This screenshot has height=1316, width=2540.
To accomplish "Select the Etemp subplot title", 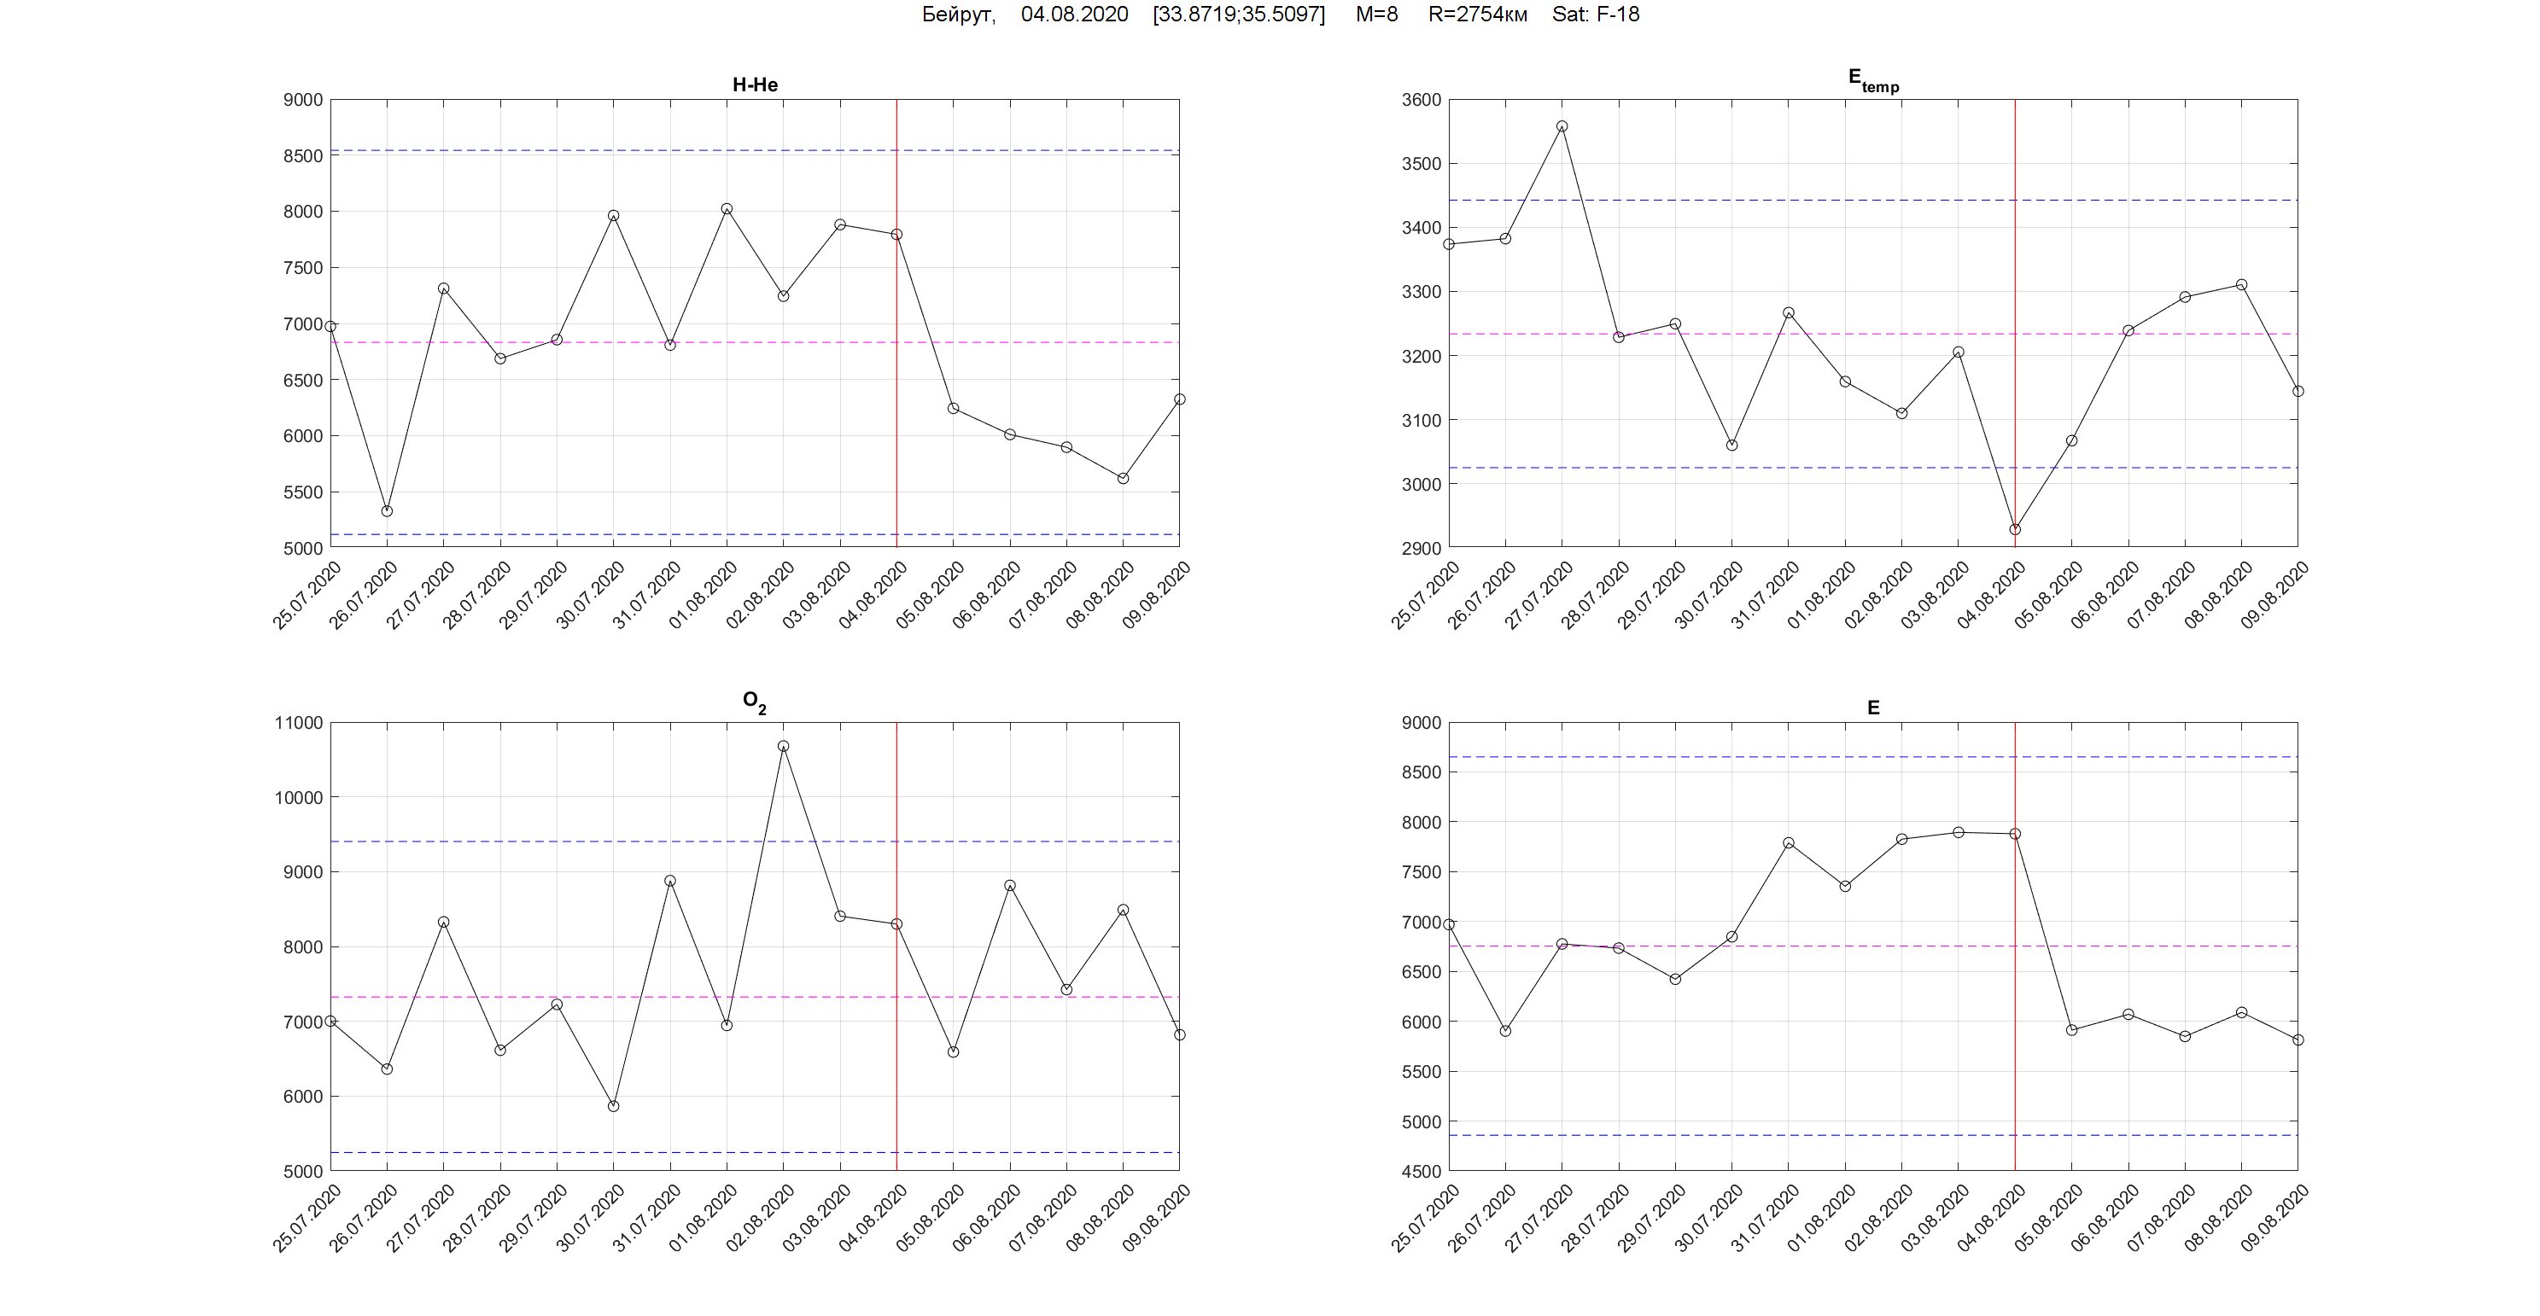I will pos(1872,81).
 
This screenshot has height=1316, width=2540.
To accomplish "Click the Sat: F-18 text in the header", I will pos(1596,15).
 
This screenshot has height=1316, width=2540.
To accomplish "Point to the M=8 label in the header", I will pos(1376,15).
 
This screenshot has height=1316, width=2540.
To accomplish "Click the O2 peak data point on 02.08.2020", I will pos(783,746).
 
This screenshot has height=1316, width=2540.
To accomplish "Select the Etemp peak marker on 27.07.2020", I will pos(1562,126).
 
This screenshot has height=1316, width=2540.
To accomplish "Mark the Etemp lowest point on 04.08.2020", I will pos(2014,529).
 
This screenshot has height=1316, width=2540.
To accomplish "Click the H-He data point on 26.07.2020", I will pos(387,510).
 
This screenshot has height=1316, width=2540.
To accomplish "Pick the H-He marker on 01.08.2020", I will pos(727,209).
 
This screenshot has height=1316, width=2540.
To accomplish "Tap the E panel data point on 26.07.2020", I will pos(1504,1031).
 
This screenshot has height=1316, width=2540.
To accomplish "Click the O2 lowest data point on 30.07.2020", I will pos(613,1106).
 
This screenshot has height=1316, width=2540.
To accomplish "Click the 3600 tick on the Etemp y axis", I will pos(1421,100).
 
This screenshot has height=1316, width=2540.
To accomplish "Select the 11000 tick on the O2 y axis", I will pos(299,723).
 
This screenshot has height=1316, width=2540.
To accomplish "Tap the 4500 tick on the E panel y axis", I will pos(1421,1171).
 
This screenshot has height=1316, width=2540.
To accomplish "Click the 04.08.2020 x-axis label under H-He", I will pos(873,596).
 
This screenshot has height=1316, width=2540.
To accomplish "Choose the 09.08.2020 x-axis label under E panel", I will pos(2274,1219).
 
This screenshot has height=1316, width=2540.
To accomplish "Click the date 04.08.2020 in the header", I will pos(1074,15).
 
